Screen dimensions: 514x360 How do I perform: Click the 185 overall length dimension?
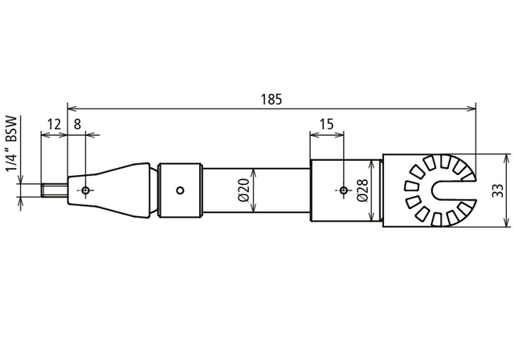tap(271, 100)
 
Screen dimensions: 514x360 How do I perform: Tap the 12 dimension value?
tap(54, 125)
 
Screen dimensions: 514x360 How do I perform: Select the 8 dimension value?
tap(77, 125)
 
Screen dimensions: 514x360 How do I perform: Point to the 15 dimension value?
tap(327, 125)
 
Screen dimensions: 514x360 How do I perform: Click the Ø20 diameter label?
tap(246, 190)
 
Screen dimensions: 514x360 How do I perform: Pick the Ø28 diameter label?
tap(362, 190)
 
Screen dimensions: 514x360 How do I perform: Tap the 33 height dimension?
tap(497, 190)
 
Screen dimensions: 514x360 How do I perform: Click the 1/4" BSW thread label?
tap(12, 143)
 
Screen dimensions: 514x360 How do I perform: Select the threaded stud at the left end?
tap(55, 190)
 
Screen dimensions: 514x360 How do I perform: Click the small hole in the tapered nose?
tap(86, 190)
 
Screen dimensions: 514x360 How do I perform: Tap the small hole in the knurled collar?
tap(180, 190)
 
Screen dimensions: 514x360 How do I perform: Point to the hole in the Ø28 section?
tap(344, 190)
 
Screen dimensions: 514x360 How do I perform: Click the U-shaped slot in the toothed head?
tap(453, 190)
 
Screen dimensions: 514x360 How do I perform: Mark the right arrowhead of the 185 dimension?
tap(471, 108)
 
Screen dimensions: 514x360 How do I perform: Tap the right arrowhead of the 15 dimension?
tap(340, 134)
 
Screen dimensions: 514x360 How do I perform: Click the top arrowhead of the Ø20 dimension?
tap(254, 173)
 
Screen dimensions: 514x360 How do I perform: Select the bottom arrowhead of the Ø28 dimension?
tap(371, 217)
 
